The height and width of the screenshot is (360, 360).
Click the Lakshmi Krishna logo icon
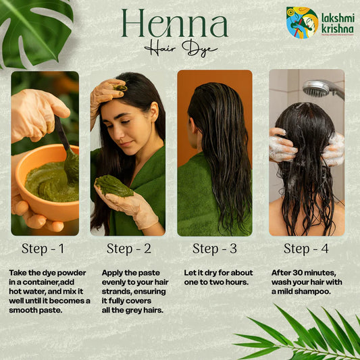[x=301, y=22]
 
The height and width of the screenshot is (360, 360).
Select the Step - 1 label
[x=43, y=249]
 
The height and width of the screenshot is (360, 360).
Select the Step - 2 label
[x=128, y=249]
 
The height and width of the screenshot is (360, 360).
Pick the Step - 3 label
[x=214, y=249]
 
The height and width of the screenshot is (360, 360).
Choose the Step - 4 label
[x=306, y=249]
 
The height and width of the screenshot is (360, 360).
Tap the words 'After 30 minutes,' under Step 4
[x=302, y=272]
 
